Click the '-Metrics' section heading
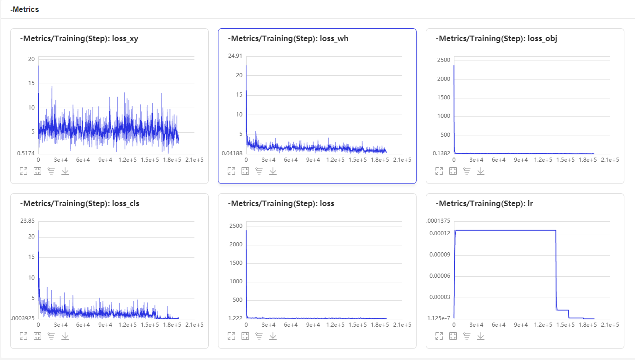[24, 9]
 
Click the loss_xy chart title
[79, 39]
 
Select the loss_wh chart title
[288, 39]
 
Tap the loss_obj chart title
[496, 39]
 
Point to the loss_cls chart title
[79, 204]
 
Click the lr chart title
[484, 204]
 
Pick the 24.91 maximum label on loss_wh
[235, 56]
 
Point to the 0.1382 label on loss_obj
[441, 153]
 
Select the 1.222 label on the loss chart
[236, 318]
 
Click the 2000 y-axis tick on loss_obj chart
[443, 79]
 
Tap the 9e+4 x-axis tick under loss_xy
[105, 160]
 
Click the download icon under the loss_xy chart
[65, 171]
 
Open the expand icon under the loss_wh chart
[231, 171]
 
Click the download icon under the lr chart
[481, 336]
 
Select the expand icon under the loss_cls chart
[24, 336]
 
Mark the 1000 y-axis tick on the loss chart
[236, 281]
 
